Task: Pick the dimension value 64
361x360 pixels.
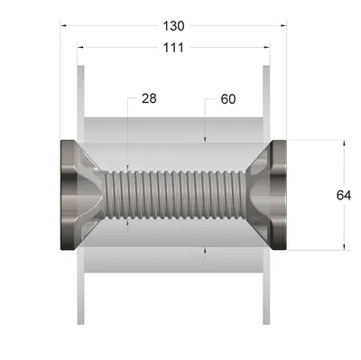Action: [343, 195]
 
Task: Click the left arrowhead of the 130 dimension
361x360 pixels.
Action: [64, 26]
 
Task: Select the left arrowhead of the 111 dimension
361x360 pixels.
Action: [80, 48]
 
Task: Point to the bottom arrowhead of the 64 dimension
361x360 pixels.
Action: [343, 246]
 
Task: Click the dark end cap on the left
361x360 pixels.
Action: [70, 195]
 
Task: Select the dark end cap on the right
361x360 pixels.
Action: [276, 195]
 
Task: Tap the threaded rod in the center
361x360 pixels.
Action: [171, 195]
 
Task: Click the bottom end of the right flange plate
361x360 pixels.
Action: [267, 320]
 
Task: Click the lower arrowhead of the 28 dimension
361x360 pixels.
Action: [127, 221]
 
